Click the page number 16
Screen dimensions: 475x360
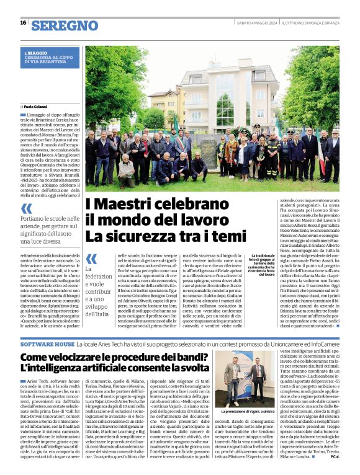coord(22,22)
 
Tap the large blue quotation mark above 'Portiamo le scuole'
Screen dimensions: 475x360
coord(26,208)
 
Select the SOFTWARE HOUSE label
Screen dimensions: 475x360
coord(47,343)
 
